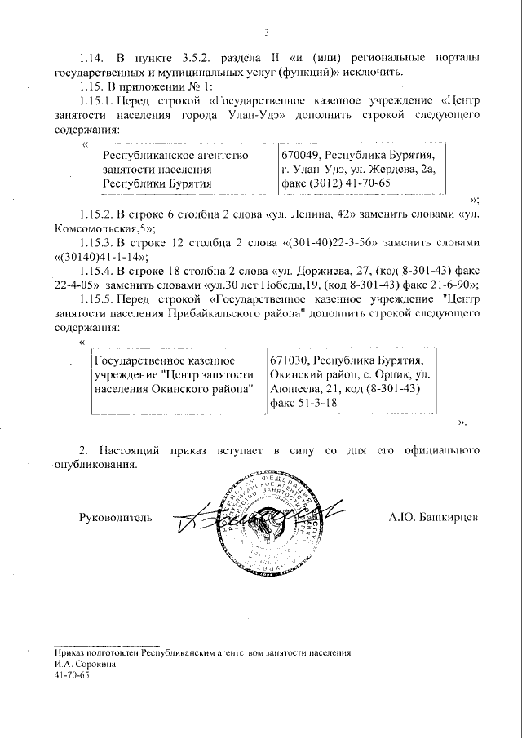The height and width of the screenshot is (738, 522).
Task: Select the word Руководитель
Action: (115, 517)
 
